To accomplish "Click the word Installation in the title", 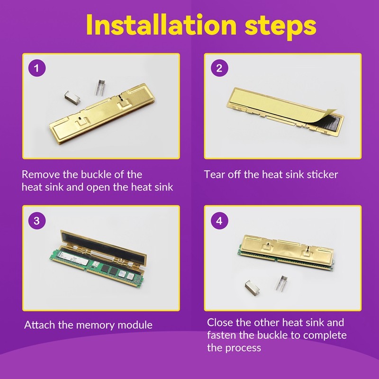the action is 161,25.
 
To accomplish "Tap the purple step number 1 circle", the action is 37,68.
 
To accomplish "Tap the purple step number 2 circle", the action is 219,68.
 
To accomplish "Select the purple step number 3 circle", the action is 37,221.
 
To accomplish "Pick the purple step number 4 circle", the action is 219,221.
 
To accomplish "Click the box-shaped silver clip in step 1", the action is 72,97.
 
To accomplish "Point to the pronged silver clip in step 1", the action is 101,88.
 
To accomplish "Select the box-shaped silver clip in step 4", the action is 252,288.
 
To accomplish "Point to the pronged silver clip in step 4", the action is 281,283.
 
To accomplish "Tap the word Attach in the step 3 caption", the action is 40,325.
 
